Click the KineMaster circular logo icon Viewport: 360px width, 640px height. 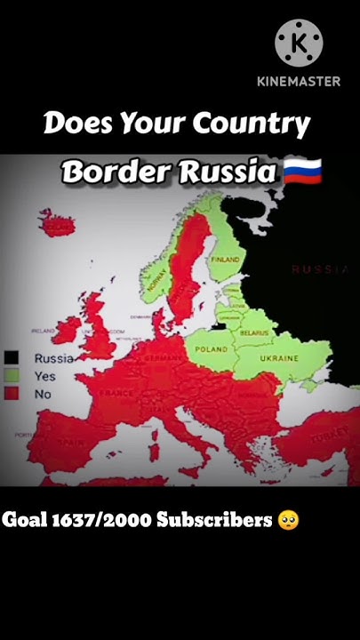299,42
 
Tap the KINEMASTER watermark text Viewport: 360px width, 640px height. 299,81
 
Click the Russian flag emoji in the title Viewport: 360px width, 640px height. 302,171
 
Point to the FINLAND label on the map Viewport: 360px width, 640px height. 225,259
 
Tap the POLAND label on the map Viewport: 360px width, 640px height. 212,349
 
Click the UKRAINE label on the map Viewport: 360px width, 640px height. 279,358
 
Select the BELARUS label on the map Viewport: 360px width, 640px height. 254,331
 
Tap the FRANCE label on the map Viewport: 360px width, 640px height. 116,392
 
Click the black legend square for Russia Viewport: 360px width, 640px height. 12,358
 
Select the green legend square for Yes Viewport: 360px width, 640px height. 12,375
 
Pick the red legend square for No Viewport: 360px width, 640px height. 12,392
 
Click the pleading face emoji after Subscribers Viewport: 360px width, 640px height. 288,520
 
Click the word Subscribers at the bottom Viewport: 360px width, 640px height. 213,520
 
